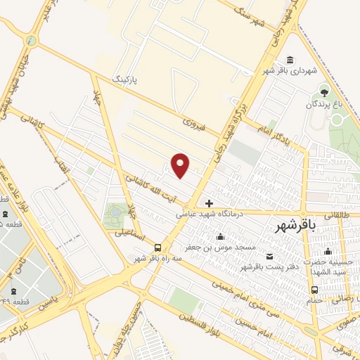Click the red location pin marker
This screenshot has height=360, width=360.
(x=181, y=165)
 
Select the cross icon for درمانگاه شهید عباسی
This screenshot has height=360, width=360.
(x=209, y=203)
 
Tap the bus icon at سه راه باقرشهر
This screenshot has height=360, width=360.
(x=157, y=248)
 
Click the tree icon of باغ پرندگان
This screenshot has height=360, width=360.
(x=324, y=91)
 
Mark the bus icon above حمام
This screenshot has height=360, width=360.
(x=314, y=289)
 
